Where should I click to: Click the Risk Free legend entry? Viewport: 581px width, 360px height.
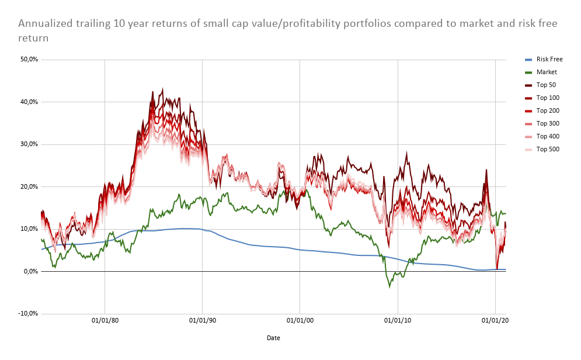click(x=549, y=59)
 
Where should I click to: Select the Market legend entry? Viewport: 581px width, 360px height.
click(x=547, y=72)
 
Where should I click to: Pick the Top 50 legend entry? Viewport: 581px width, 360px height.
click(x=546, y=85)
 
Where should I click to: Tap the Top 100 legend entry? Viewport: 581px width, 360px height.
click(x=547, y=98)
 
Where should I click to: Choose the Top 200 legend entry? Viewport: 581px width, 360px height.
click(x=547, y=110)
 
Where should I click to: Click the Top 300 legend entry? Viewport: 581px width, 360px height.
click(x=547, y=123)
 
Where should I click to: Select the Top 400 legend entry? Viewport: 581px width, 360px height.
click(x=547, y=136)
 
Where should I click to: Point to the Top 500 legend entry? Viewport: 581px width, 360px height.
click(x=547, y=149)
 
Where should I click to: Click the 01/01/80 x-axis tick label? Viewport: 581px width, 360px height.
click(x=105, y=320)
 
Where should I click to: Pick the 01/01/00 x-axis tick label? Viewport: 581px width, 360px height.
click(x=300, y=320)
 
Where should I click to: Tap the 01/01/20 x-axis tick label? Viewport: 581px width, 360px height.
click(x=495, y=320)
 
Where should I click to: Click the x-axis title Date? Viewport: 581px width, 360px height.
click(x=273, y=338)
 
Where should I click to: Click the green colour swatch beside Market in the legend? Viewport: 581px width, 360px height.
click(x=528, y=72)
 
